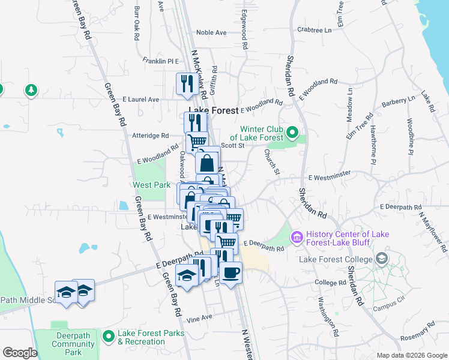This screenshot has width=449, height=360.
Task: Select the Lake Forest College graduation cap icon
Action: pyautogui.click(x=381, y=259)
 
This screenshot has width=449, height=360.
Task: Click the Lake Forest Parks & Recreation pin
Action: pyautogui.click(x=109, y=336)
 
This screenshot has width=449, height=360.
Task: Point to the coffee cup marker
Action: pyautogui.click(x=231, y=274)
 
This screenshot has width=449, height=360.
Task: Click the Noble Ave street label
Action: pyautogui.click(x=210, y=33)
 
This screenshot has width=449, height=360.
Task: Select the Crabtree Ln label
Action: pyautogui.click(x=314, y=29)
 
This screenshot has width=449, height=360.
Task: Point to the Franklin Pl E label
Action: pyautogui.click(x=161, y=61)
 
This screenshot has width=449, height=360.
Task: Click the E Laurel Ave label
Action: pyautogui.click(x=140, y=99)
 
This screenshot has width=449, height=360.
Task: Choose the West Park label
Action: pyautogui.click(x=151, y=185)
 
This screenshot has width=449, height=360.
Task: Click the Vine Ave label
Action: pyautogui.click(x=199, y=317)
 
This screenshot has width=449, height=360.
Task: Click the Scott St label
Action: pyautogui.click(x=232, y=145)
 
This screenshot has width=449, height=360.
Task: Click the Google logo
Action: pyautogui.click(x=20, y=353)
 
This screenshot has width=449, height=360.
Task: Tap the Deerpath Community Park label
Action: pyautogui.click(x=73, y=344)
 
